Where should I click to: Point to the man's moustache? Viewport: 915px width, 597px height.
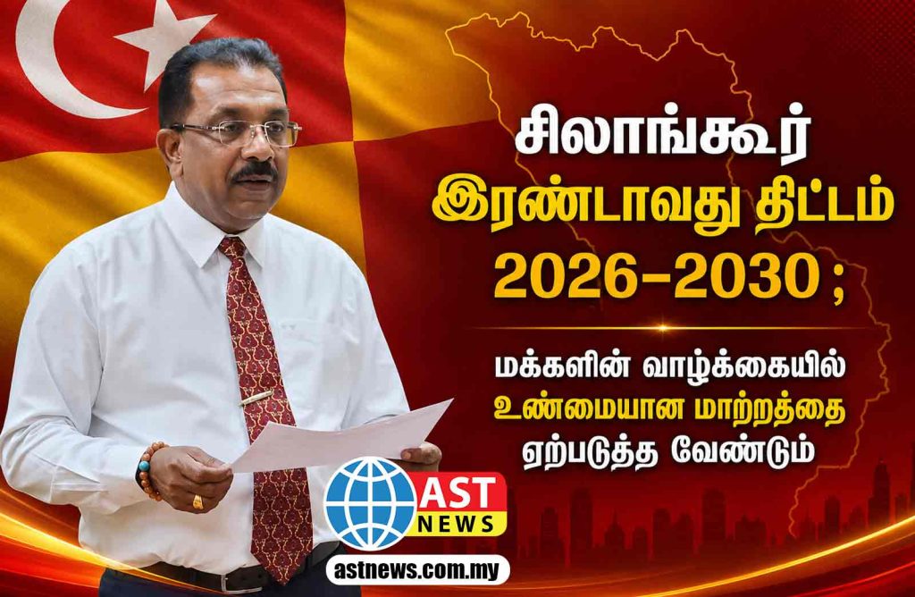coord(254,172)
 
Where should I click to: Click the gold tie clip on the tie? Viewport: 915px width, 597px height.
coord(256,398)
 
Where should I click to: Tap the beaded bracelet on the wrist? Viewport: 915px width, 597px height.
coord(149,470)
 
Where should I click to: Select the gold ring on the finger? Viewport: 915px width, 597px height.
coord(197,501)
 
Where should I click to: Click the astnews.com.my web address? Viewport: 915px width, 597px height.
coord(417,570)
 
